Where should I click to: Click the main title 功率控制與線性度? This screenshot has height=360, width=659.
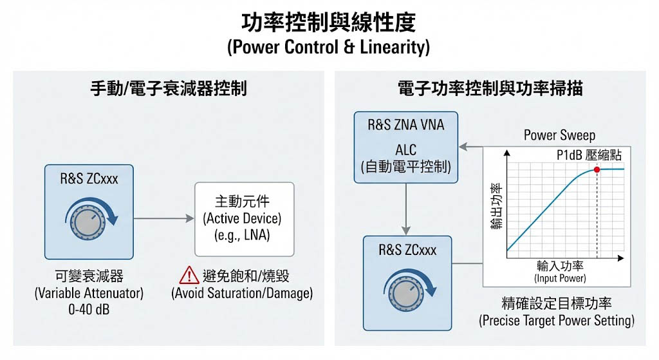[x=329, y=23]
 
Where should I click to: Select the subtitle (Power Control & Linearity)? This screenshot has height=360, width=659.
[x=329, y=48]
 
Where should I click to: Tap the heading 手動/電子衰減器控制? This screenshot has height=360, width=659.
[x=168, y=88]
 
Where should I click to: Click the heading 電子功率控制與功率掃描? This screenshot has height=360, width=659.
[x=490, y=88]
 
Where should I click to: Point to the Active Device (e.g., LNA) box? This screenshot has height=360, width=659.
[x=244, y=219]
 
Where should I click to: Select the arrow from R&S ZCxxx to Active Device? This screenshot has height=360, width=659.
[x=164, y=219]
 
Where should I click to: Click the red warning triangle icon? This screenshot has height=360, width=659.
[x=189, y=276]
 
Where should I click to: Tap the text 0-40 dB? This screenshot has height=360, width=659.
[x=89, y=309]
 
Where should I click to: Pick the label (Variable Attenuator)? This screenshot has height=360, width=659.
[x=89, y=293]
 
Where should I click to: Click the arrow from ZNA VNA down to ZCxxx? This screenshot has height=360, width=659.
[x=406, y=213]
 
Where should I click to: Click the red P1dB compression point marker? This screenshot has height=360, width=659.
[x=597, y=169]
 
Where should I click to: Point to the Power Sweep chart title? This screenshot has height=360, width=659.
[x=559, y=135]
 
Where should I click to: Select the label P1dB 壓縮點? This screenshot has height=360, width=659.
[x=589, y=155]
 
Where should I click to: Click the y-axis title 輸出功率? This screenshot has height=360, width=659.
[x=495, y=207]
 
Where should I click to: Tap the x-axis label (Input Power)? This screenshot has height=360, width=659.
[x=559, y=278]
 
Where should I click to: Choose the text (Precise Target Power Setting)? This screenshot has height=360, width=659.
[x=557, y=320]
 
